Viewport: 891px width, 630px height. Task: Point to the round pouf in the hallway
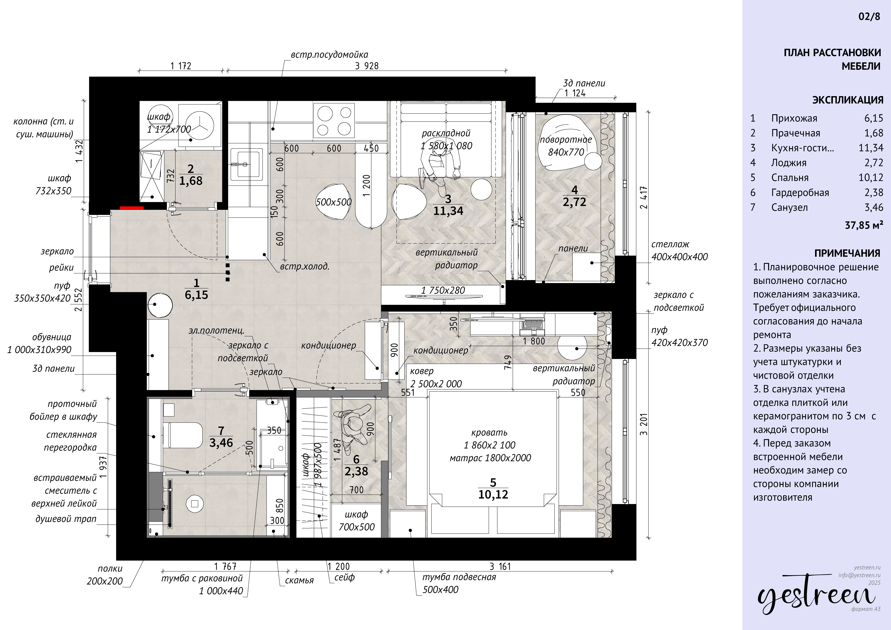pyautogui.click(x=160, y=305)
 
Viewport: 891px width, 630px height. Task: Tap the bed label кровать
pyautogui.click(x=489, y=432)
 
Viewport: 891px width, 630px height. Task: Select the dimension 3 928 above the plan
pyautogui.click(x=367, y=66)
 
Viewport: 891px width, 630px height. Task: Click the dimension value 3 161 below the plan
pyautogui.click(x=500, y=567)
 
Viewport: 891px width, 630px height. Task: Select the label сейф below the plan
pyautogui.click(x=345, y=578)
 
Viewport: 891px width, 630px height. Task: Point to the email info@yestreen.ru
pyautogui.click(x=859, y=575)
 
